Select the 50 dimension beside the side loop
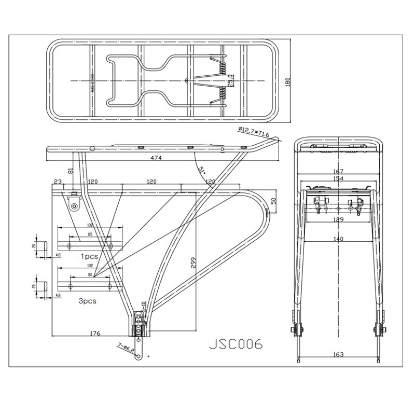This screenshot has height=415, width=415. [274, 201]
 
